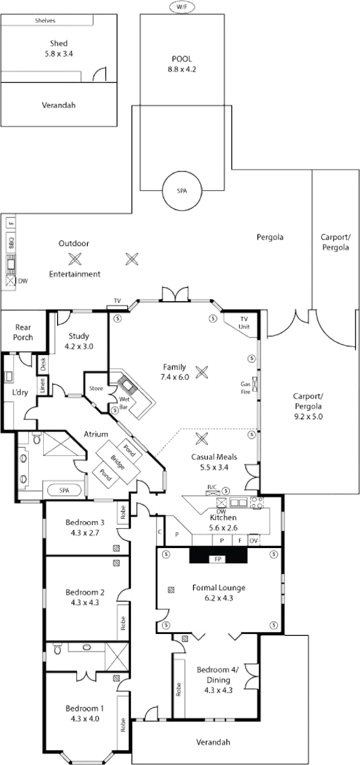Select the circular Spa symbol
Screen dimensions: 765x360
pyautogui.click(x=181, y=191)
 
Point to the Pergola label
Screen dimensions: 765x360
pyautogui.click(x=271, y=237)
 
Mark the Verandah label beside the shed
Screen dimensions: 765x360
pyautogui.click(x=60, y=106)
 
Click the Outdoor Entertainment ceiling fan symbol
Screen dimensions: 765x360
pyautogui.click(x=75, y=259)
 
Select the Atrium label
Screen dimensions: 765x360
pyautogui.click(x=96, y=433)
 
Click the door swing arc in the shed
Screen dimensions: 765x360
pyautogui.click(x=99, y=74)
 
